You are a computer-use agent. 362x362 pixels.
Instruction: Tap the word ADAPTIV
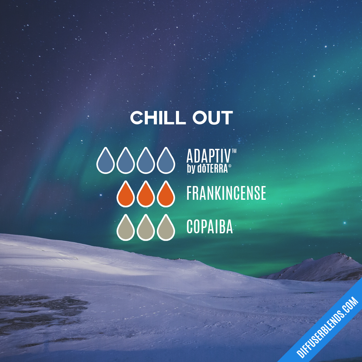(208, 156)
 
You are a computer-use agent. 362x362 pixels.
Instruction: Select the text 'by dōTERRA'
(207, 169)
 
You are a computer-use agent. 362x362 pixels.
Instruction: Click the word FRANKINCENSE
(226, 193)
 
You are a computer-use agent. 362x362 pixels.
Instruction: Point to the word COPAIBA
(209, 227)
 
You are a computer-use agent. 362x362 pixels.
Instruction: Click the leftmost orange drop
(126, 195)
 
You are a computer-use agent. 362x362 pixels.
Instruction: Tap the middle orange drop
(146, 195)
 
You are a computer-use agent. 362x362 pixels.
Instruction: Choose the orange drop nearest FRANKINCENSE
(166, 195)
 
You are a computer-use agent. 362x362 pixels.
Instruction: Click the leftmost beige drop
(126, 228)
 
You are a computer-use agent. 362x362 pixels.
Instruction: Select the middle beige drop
(146, 228)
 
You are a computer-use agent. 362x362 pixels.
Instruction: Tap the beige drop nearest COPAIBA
(166, 228)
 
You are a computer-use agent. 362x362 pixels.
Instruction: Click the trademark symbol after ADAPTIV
(234, 152)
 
